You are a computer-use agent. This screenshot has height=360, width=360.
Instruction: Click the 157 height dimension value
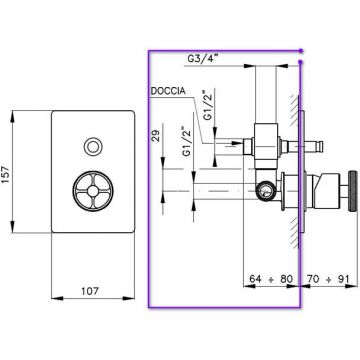click(x=7, y=172)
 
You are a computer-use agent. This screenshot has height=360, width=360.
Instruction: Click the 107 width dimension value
click(x=90, y=291)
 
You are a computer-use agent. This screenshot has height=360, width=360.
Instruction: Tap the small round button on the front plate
click(x=93, y=147)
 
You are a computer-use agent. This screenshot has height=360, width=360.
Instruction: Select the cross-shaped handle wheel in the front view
click(x=93, y=191)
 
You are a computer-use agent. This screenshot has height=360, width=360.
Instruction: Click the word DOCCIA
click(x=168, y=91)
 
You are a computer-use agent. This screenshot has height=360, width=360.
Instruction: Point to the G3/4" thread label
click(x=203, y=59)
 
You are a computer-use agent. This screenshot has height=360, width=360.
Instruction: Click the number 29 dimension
click(x=157, y=136)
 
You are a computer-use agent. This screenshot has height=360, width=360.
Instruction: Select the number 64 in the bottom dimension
click(x=255, y=279)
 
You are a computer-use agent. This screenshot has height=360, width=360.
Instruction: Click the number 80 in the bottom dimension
click(x=286, y=279)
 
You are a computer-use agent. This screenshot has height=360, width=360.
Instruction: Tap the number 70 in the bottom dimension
click(x=313, y=279)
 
